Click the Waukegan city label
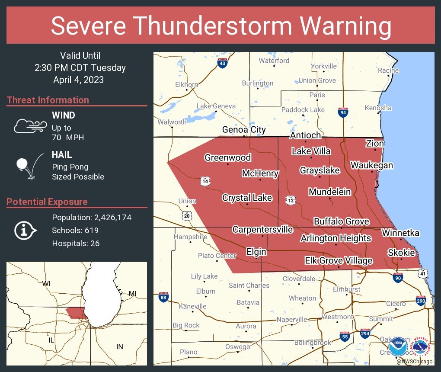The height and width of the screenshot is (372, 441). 371,165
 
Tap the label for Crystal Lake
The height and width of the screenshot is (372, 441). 247,198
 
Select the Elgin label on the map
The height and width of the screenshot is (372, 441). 256,252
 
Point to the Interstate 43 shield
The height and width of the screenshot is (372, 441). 222,64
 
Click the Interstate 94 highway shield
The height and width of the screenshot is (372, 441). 343,112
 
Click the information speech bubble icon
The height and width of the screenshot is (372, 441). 25,230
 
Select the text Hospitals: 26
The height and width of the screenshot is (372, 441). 76,243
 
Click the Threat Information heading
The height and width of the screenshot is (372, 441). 48,100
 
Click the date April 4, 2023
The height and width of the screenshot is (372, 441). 78,80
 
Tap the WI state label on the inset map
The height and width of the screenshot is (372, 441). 46,283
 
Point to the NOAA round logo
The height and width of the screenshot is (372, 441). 397,346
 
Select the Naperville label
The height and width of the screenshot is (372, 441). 292,319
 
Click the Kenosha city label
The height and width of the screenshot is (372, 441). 378,108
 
